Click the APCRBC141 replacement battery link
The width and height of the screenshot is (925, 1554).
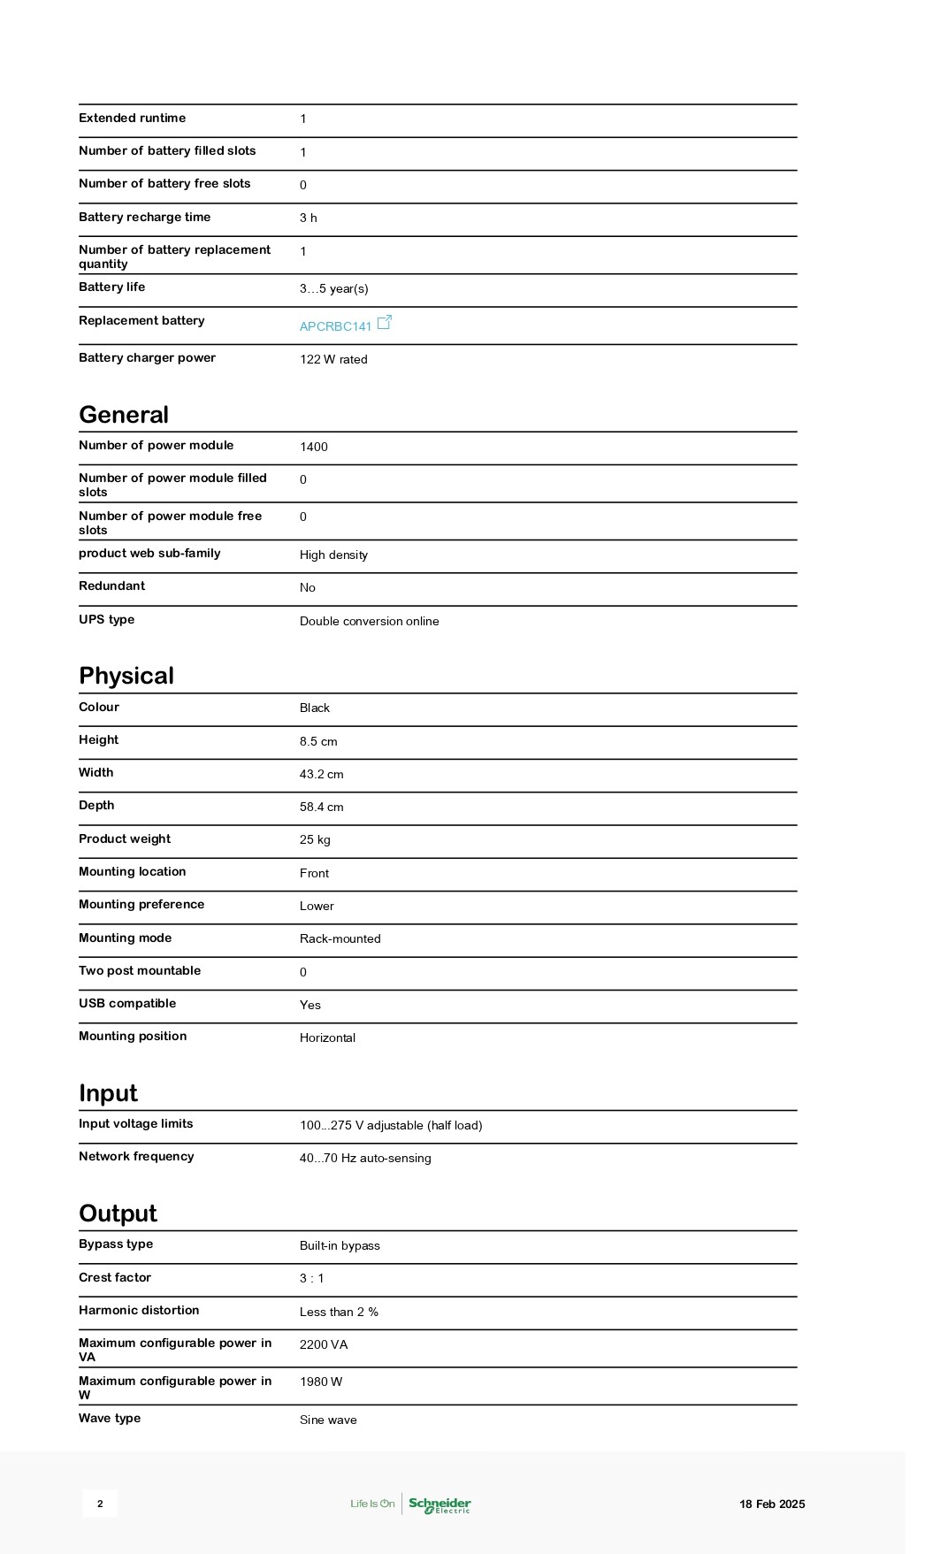tap(335, 326)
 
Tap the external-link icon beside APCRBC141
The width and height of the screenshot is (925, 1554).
tap(385, 323)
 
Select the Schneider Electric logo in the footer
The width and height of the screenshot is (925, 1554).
tap(440, 1504)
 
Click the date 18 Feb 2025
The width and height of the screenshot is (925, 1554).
tap(772, 1504)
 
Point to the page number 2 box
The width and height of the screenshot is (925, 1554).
tap(100, 1504)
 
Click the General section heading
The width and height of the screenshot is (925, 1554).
tap(124, 415)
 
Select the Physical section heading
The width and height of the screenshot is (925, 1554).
tap(126, 676)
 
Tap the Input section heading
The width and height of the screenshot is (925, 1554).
tap(108, 1093)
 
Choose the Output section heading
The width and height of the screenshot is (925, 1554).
tap(118, 1213)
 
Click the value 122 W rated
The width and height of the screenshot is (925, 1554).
tap(333, 359)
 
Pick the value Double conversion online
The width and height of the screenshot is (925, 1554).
tap(369, 621)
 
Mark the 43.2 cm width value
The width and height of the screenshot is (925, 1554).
tap(321, 774)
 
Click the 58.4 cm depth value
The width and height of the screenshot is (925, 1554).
tap(321, 807)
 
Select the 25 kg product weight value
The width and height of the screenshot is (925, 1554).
tap(315, 839)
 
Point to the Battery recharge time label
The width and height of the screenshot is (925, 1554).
tap(144, 217)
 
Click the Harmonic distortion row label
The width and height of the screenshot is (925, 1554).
tap(139, 1310)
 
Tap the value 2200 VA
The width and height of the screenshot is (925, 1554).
tap(324, 1344)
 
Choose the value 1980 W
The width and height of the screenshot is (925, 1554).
tap(321, 1382)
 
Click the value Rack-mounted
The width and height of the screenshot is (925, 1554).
tap(340, 938)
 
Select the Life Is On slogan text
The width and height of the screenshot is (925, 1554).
tap(372, 1504)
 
